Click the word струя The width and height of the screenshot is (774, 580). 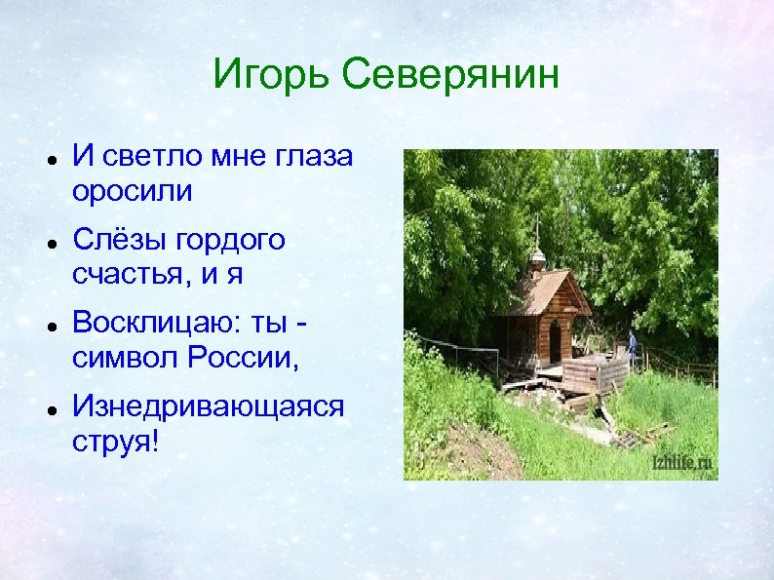(110, 443)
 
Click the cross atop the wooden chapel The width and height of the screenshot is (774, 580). (536, 232)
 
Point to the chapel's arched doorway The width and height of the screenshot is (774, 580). (555, 341)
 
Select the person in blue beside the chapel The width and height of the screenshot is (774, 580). (632, 343)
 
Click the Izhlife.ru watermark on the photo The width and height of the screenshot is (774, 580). (681, 463)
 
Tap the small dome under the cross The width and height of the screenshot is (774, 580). (536, 258)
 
